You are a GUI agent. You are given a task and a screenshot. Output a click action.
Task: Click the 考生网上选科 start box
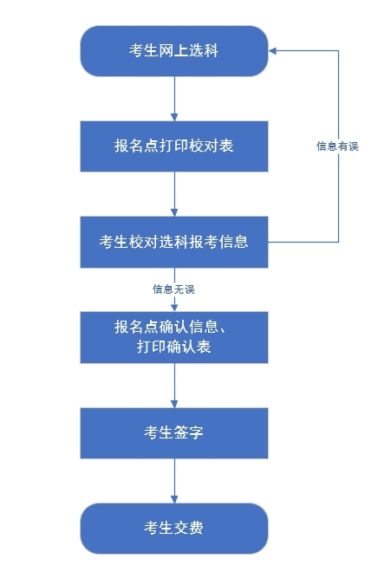174,51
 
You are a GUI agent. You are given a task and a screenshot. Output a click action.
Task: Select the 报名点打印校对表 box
174,146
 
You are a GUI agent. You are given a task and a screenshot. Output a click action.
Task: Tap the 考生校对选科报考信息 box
174,242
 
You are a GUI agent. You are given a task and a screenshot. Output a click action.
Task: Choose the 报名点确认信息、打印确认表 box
174,337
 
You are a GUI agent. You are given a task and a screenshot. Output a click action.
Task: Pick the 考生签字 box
174,432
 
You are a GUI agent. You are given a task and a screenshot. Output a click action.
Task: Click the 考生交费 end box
174,528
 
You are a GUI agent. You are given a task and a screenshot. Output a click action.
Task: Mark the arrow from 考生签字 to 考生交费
174,480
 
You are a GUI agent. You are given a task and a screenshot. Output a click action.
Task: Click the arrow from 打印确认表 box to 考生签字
174,385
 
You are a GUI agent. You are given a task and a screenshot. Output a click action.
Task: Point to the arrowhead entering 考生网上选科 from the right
273,51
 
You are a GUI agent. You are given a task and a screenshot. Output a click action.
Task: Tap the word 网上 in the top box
174,51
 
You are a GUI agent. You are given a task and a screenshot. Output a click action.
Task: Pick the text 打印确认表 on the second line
174,347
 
